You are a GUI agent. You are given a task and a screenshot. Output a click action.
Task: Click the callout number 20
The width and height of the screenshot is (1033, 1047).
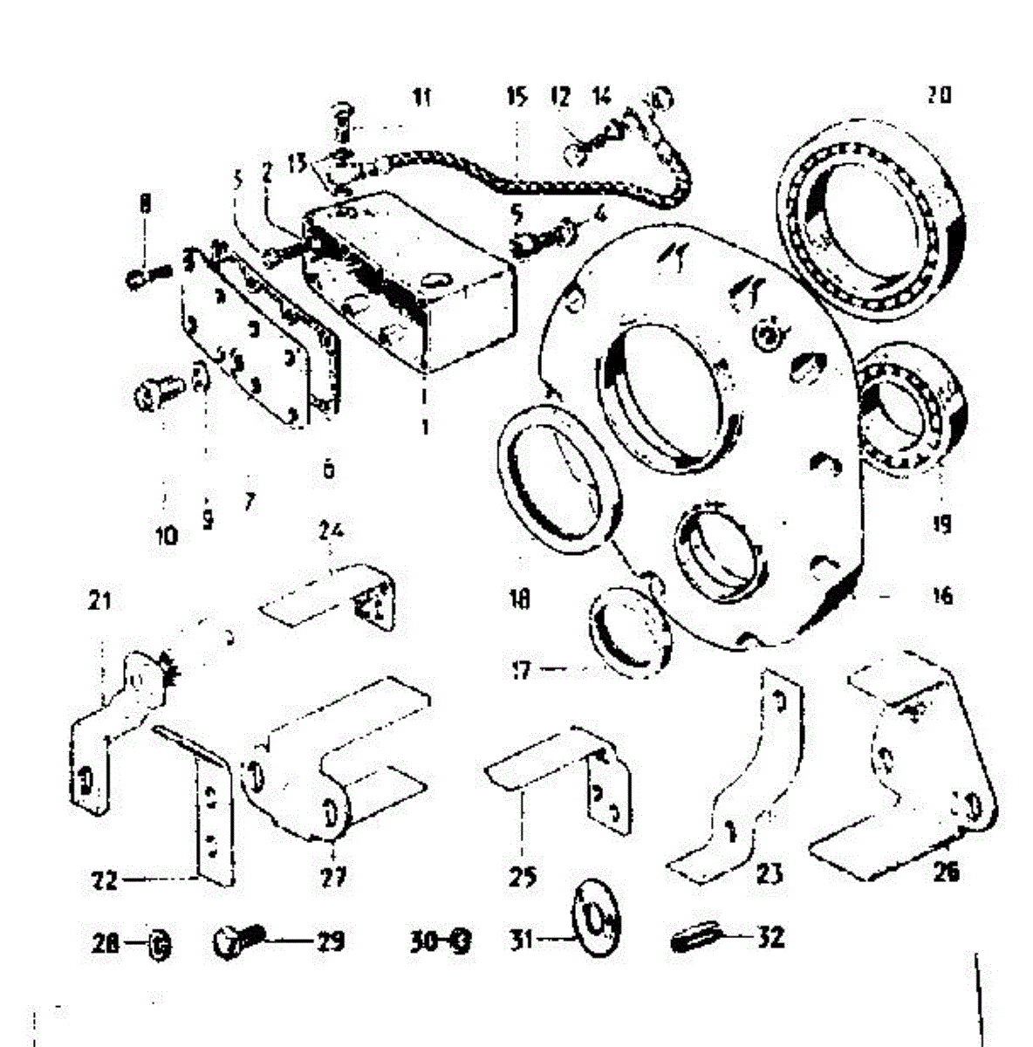[939, 95]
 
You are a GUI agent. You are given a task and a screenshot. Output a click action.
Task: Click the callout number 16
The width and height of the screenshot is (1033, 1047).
[942, 596]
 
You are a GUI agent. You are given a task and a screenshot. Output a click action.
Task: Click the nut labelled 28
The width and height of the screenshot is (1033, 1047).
[159, 943]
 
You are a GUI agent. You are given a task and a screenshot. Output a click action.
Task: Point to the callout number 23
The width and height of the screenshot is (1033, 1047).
[770, 873]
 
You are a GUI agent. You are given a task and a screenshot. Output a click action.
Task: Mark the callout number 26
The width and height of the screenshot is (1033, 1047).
[946, 871]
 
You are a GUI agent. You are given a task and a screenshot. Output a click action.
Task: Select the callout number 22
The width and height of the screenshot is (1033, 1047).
[105, 880]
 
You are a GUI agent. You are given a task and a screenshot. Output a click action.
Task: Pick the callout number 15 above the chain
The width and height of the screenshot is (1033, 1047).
[516, 96]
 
